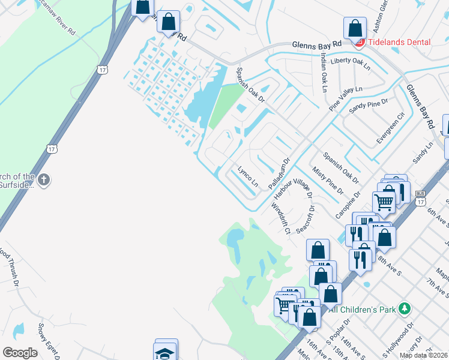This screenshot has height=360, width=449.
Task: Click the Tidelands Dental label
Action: click(x=400, y=42)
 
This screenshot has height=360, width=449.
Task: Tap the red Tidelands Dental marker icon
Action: click(x=360, y=42)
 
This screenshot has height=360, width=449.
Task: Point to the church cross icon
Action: click(x=43, y=179)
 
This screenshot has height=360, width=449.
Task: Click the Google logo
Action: click(x=20, y=353)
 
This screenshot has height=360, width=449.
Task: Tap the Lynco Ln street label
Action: click(x=248, y=176)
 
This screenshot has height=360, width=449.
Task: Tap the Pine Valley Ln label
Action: click(x=346, y=97)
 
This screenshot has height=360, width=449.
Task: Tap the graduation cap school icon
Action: click(x=165, y=352)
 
